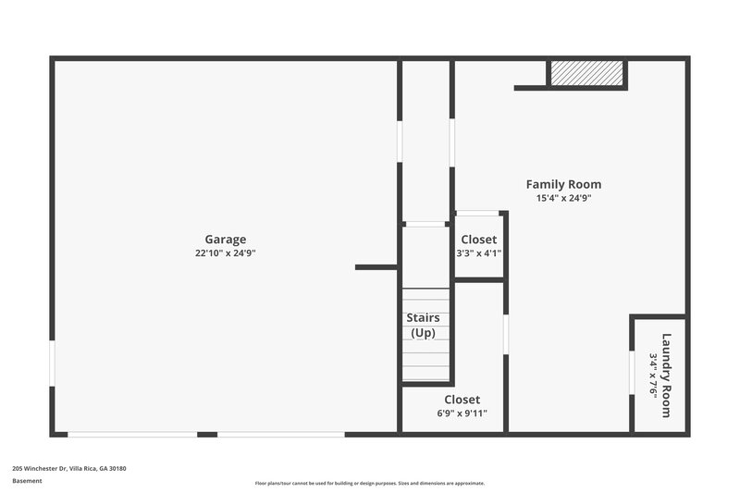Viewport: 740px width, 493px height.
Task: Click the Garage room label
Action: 226,240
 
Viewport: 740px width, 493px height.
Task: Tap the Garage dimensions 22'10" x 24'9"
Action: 226,253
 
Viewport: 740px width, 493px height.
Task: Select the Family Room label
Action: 563,184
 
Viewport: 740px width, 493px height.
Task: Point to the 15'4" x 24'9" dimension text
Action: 563,198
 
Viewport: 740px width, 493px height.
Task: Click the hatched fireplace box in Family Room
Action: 587,74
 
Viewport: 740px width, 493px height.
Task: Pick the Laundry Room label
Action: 666,376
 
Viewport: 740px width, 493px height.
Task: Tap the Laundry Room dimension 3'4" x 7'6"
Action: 652,376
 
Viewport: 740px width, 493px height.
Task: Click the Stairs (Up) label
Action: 423,326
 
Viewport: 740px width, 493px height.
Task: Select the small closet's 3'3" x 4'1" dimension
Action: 478,253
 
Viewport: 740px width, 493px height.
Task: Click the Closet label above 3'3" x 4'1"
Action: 478,240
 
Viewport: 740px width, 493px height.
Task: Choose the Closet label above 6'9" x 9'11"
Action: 462,400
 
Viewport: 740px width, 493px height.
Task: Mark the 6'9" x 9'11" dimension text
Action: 462,413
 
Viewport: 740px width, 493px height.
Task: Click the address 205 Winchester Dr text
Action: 69,468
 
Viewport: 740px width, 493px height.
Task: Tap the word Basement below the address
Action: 28,481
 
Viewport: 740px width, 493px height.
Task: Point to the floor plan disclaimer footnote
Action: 370,483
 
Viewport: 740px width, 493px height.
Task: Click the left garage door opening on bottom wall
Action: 132,434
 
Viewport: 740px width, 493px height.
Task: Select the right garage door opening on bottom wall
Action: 281,434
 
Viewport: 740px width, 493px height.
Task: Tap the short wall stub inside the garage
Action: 377,267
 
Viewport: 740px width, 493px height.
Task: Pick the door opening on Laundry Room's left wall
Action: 632,375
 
